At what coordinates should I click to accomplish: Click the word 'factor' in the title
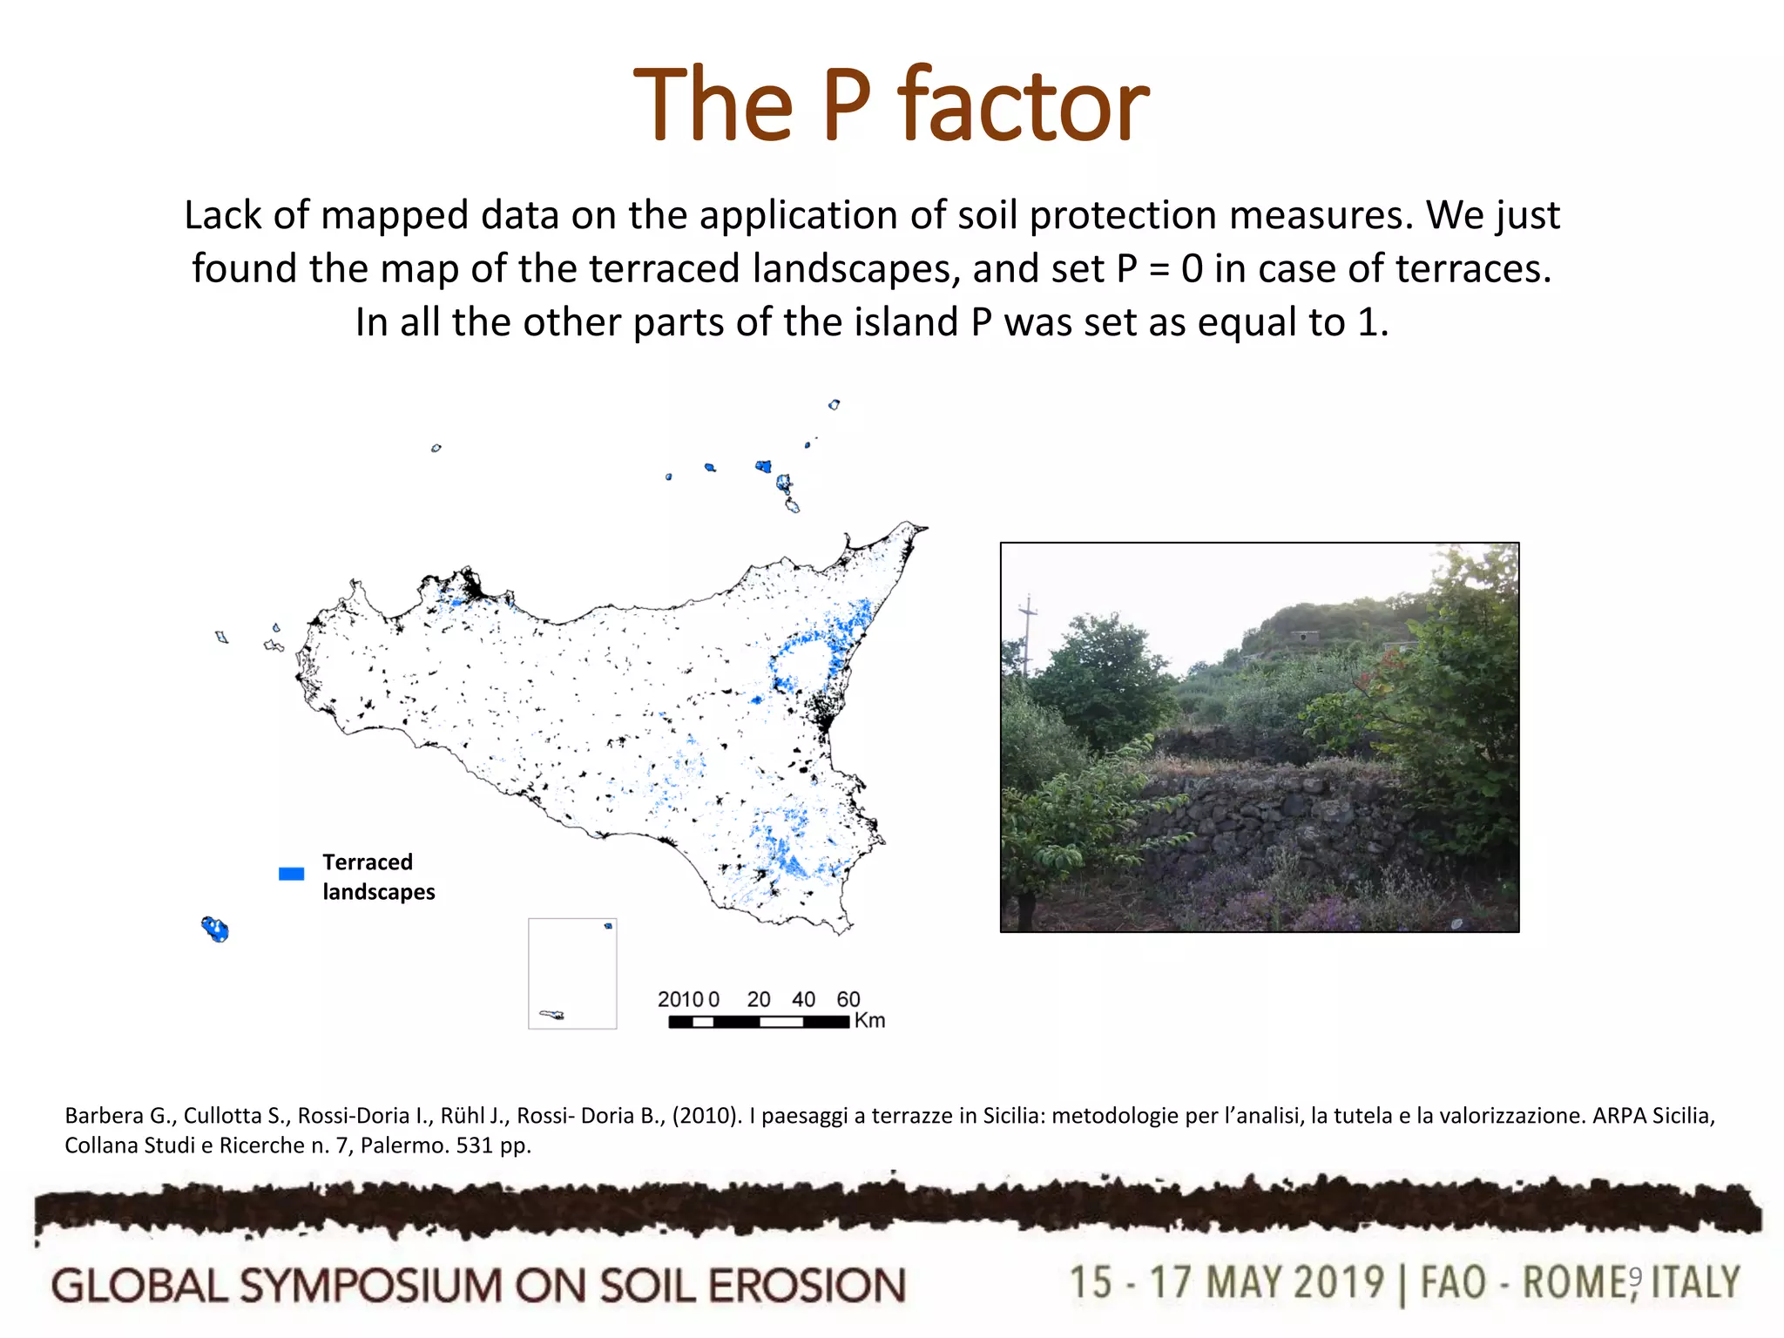coord(1024,106)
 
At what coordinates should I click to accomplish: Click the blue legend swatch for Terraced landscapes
coord(291,874)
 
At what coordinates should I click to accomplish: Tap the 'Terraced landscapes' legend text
coord(378,876)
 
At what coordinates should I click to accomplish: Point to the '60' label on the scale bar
coord(848,999)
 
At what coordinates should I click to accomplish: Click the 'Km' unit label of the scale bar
coord(869,1021)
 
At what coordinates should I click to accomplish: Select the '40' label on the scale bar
coord(803,999)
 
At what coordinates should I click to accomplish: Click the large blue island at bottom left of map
coord(215,929)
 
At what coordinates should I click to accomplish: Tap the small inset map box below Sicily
coord(572,973)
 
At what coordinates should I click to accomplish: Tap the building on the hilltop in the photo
coord(1303,637)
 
